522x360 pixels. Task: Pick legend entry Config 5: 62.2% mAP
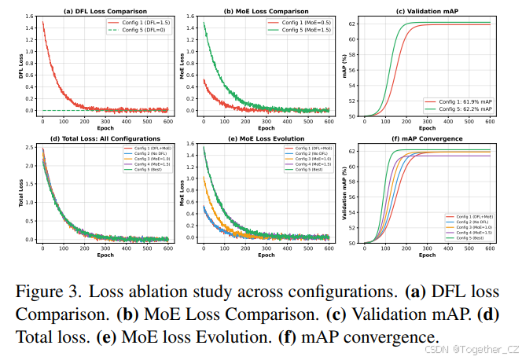pos(464,108)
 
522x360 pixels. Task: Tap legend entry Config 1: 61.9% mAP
pos(464,101)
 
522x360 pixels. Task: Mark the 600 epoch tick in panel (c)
pos(489,122)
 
